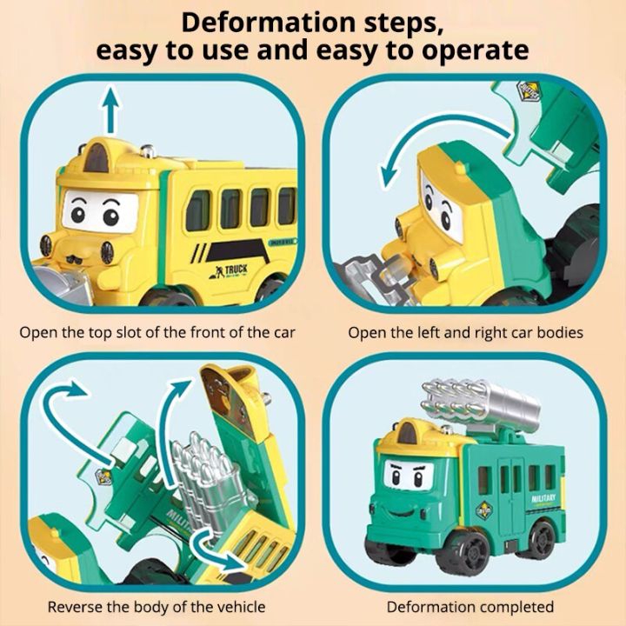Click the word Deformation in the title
[x=268, y=23]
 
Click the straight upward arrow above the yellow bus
[x=111, y=110]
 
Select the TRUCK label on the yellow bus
[x=236, y=270]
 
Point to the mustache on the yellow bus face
[x=76, y=259]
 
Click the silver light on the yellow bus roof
[x=148, y=150]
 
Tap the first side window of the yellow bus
[x=198, y=210]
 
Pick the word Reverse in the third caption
[x=74, y=607]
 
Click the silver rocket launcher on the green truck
[x=480, y=403]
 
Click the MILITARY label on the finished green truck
[x=543, y=499]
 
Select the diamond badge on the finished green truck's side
[x=484, y=510]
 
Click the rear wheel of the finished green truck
[x=543, y=538]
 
